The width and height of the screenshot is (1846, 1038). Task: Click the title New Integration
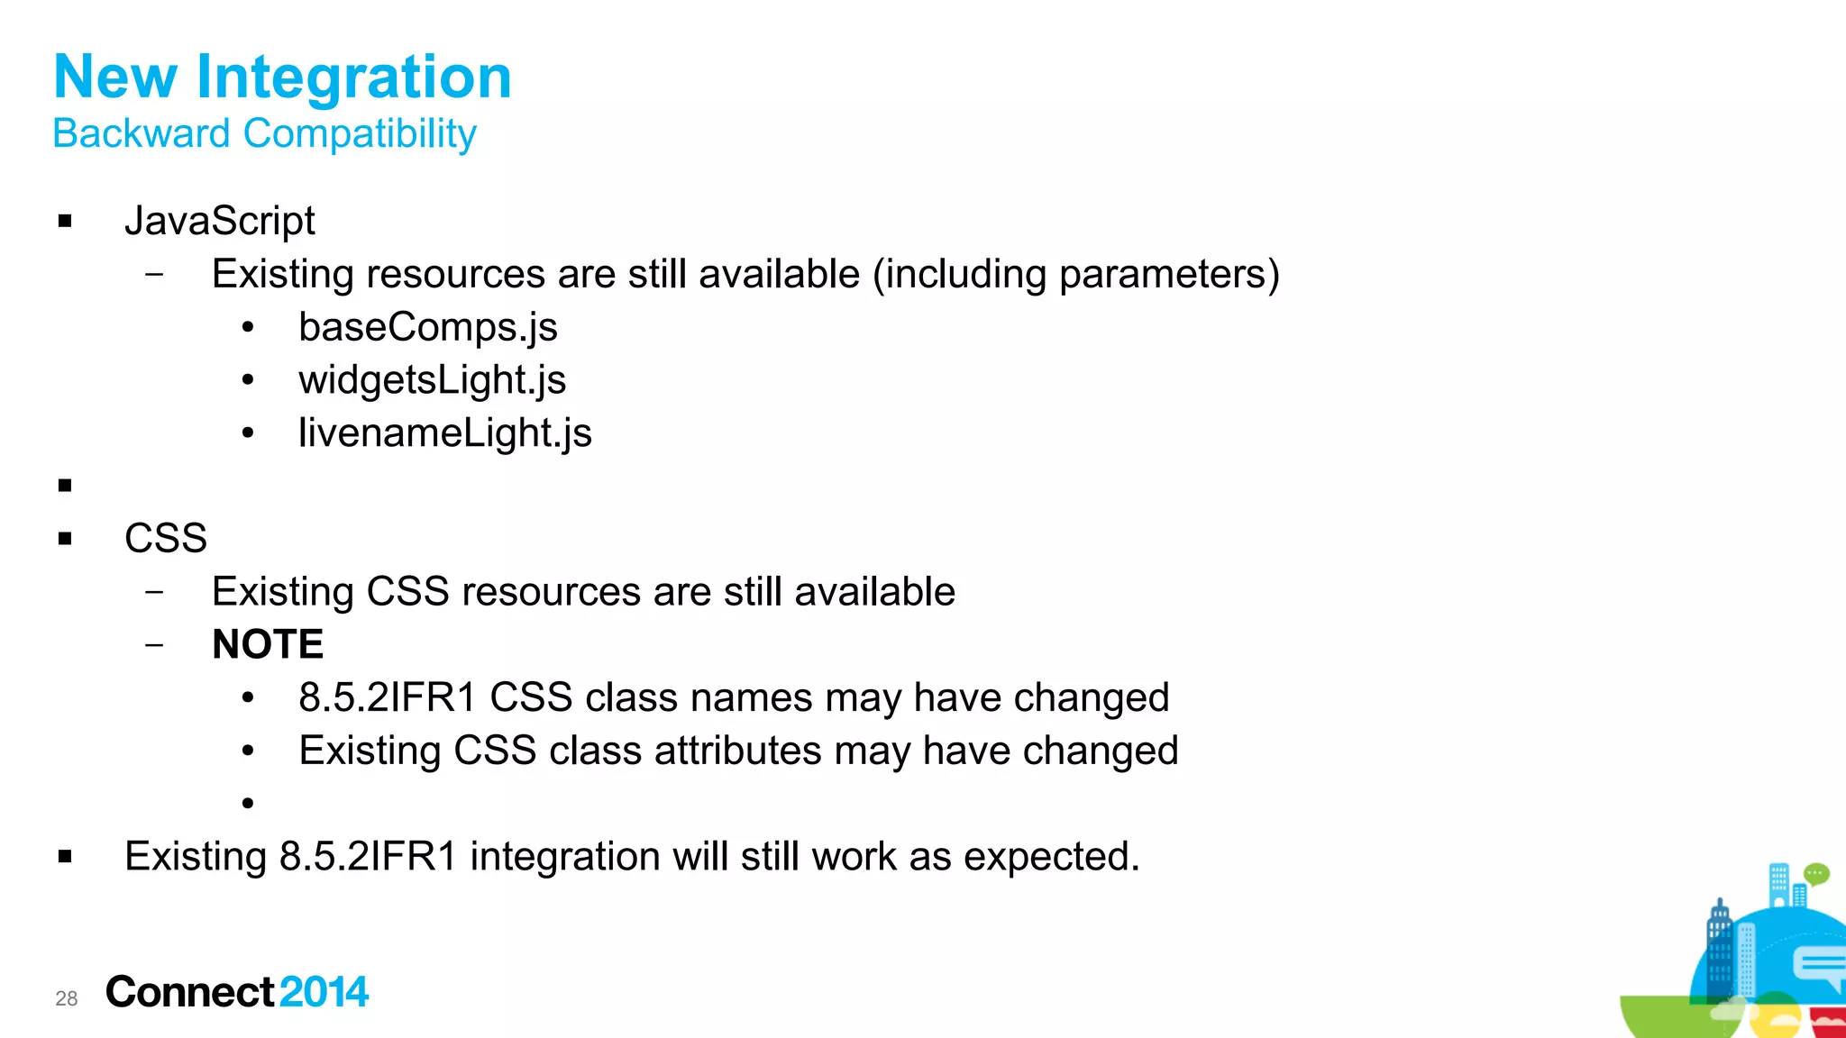tap(282, 77)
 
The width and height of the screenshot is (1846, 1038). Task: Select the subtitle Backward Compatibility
tap(264, 134)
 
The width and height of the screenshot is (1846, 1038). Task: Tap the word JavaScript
tap(220, 221)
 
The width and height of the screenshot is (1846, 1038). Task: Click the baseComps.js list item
tap(428, 327)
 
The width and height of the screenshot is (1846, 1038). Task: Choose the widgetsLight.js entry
tap(433, 380)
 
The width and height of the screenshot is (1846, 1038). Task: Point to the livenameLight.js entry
tap(445, 433)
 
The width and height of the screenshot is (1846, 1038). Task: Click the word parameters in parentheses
tap(1163, 275)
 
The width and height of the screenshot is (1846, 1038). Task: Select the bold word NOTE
tap(268, 644)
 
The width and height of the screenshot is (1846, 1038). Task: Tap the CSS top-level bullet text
tap(166, 539)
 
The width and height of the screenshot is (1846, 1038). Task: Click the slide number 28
tap(67, 998)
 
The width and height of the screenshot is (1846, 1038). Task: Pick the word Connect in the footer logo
tap(189, 992)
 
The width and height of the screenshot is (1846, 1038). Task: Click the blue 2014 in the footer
tap(324, 992)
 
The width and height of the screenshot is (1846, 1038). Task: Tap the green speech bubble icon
tap(1816, 873)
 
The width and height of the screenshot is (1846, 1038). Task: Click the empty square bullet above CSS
tap(65, 486)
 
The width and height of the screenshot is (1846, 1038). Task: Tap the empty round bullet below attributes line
tap(248, 803)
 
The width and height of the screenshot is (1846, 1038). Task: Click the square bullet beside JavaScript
tap(65, 222)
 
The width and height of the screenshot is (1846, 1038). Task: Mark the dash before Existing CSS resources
tap(155, 592)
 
